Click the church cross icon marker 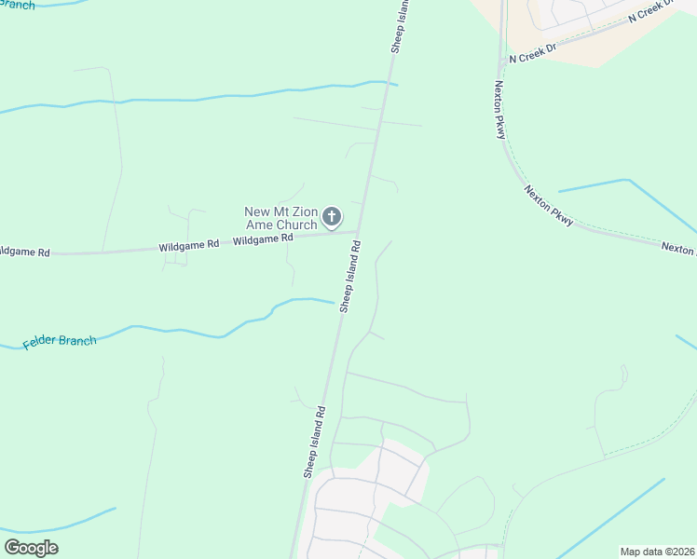click(x=332, y=218)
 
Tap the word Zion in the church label click(x=301, y=211)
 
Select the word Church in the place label click(x=294, y=225)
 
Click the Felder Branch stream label click(x=60, y=342)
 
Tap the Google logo click(x=31, y=547)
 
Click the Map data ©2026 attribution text click(x=656, y=552)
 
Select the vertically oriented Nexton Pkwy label click(x=500, y=109)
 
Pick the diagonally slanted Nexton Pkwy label click(x=549, y=205)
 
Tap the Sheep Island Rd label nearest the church click(x=349, y=276)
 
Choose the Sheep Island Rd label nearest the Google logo click(x=313, y=442)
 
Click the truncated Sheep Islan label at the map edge click(x=399, y=26)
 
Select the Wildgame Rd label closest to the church click(x=263, y=239)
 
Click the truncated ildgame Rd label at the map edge click(x=24, y=252)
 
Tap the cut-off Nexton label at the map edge click(x=678, y=249)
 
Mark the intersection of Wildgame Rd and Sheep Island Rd click(x=360, y=233)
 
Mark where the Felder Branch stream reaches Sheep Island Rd click(x=335, y=303)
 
